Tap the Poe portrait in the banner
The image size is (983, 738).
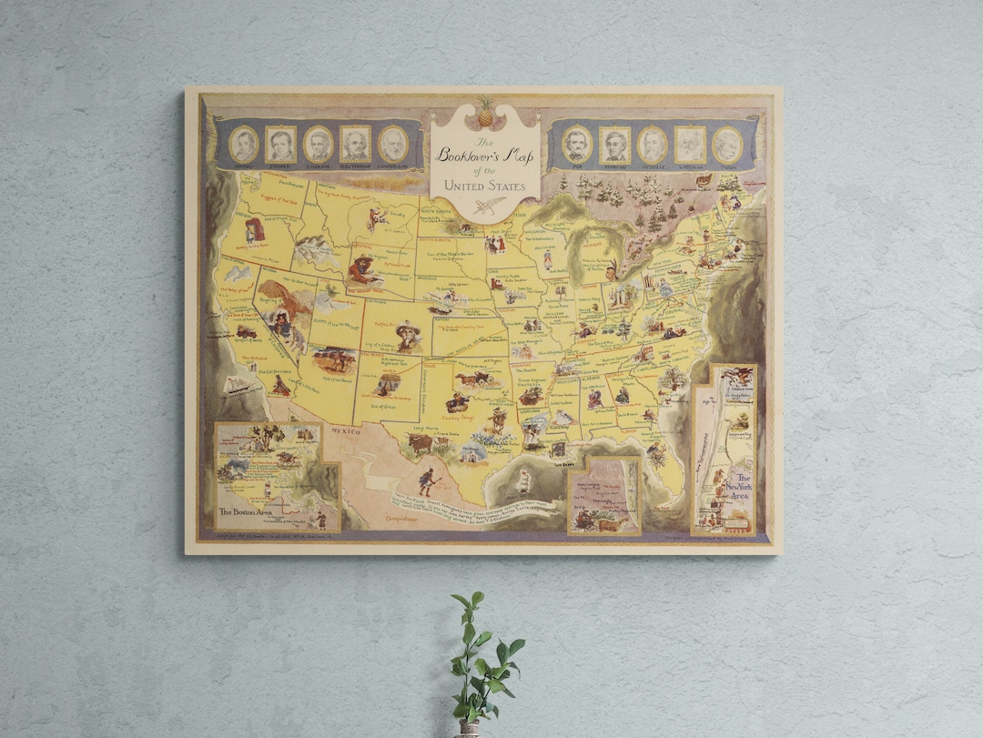click(x=577, y=144)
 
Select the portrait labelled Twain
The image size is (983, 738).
click(x=726, y=145)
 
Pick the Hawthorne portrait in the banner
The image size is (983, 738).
click(x=355, y=144)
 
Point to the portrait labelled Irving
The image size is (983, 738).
click(x=243, y=144)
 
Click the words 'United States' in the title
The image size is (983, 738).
click(x=484, y=186)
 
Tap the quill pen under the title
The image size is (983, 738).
click(x=485, y=207)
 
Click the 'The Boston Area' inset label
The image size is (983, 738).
click(x=248, y=511)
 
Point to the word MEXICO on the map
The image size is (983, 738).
click(x=346, y=430)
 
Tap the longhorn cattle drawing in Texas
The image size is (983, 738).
click(x=421, y=443)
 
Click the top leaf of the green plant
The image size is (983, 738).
click(x=477, y=599)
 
